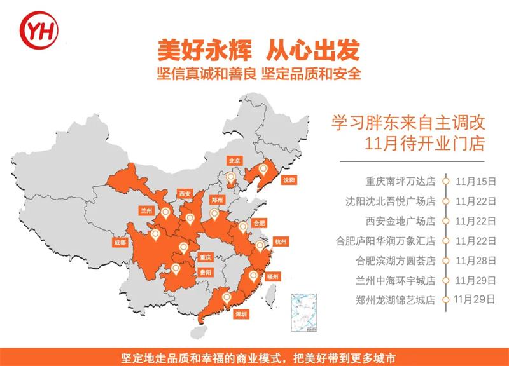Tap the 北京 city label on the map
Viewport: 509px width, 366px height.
(x=234, y=161)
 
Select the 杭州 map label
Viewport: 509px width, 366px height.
(x=281, y=241)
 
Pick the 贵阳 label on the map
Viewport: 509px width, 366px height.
(x=204, y=271)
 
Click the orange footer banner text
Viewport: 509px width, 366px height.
(x=254, y=356)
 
